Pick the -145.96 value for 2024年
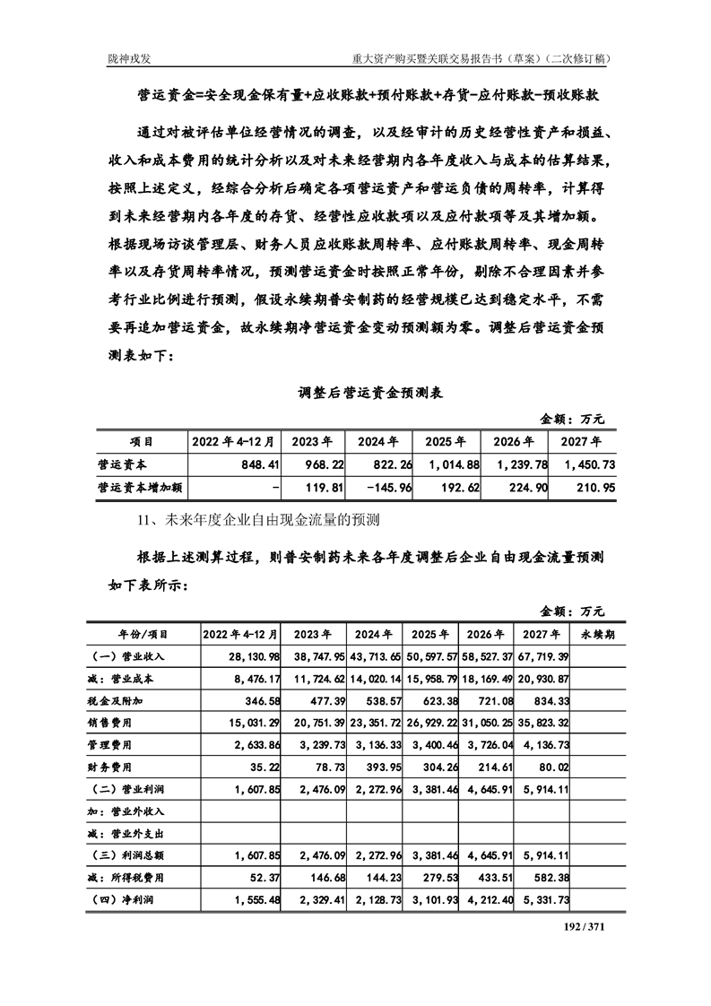point(384,488)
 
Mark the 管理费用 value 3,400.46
point(431,744)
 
